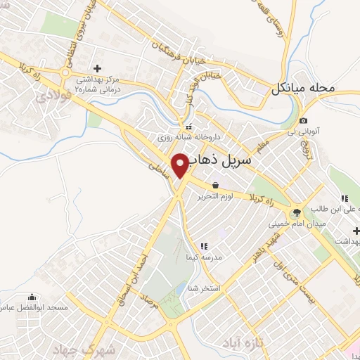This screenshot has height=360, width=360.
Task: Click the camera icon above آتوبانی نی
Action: (x=303, y=120)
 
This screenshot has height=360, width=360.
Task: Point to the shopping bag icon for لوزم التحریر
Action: (x=214, y=186)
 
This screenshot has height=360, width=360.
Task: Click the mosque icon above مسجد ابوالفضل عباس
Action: (x=30, y=297)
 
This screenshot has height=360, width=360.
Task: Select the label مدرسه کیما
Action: (x=222, y=257)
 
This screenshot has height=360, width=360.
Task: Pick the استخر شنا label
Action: (x=220, y=289)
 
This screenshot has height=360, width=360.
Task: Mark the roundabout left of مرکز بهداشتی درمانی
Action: (x=65, y=72)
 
